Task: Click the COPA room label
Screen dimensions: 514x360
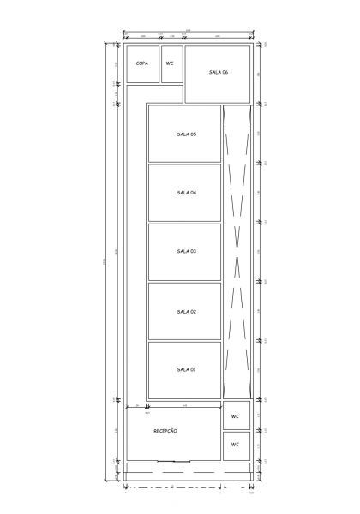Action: tap(141, 63)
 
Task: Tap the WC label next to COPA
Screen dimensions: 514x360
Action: tap(170, 63)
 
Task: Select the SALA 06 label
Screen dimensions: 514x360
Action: tap(218, 73)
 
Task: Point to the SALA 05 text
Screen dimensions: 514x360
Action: tap(186, 134)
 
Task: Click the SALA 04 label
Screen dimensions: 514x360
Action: tap(186, 193)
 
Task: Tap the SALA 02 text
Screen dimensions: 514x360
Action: tap(186, 311)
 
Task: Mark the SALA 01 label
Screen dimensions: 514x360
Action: tap(186, 369)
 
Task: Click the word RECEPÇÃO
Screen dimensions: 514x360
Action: tap(165, 431)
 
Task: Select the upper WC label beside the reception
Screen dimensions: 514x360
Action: tap(235, 415)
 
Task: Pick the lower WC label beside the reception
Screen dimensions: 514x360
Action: tap(235, 445)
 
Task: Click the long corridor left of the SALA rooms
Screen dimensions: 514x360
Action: tap(136, 257)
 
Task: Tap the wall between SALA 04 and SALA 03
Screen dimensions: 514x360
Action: tap(184, 222)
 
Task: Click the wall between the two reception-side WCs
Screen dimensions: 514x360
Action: tap(237, 430)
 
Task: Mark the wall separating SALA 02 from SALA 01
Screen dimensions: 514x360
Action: tap(184, 340)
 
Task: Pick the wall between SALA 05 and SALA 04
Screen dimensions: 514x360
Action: tap(184, 163)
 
